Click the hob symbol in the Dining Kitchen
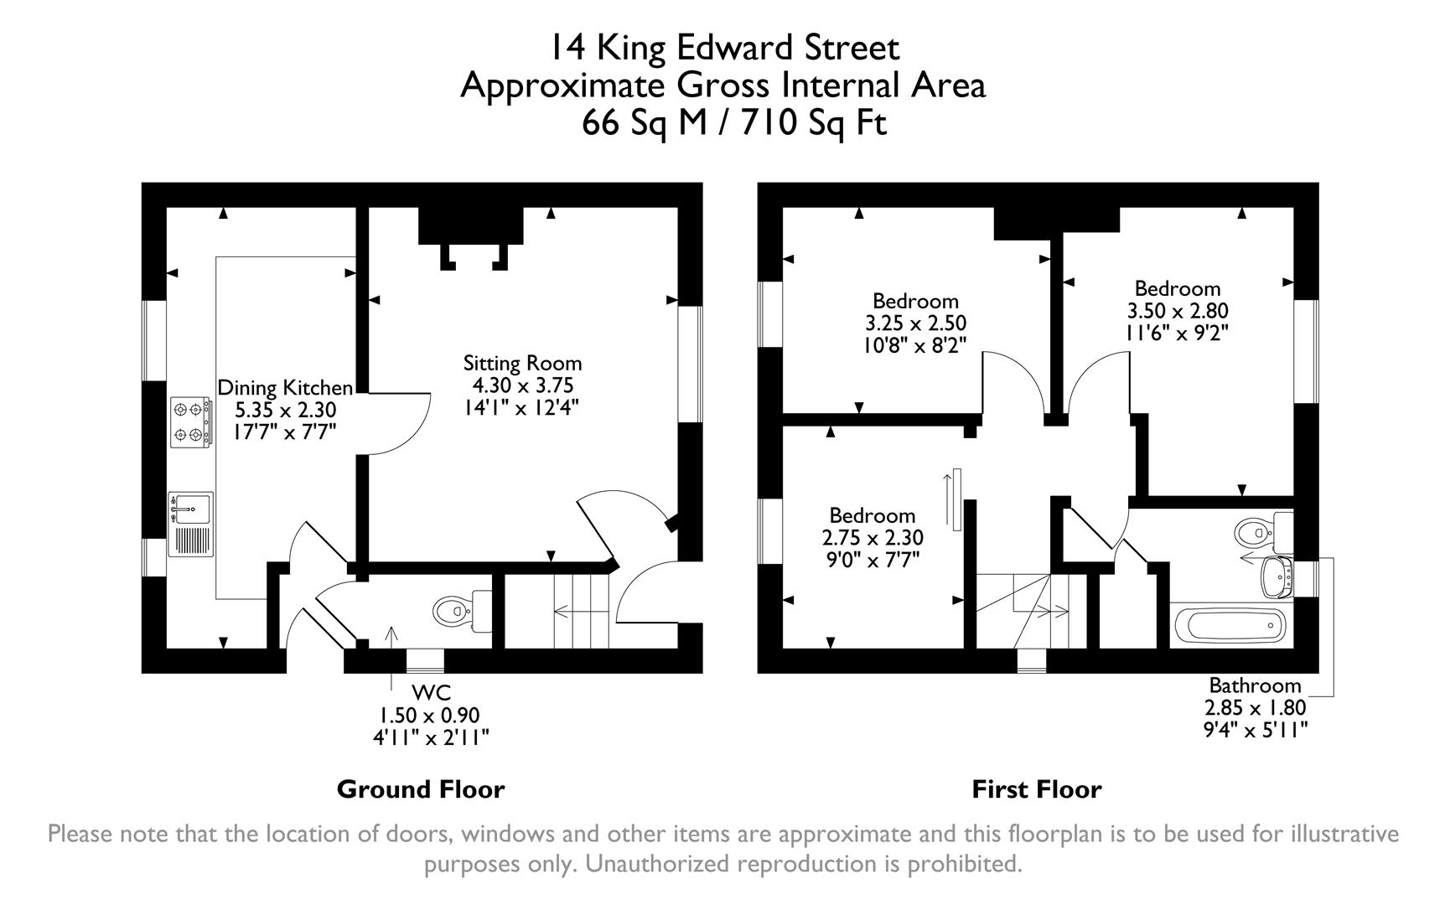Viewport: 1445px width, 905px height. (189, 422)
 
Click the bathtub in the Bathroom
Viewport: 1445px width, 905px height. (1230, 625)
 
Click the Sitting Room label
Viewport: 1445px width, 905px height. (522, 364)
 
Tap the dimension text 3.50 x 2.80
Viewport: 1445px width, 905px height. (1178, 311)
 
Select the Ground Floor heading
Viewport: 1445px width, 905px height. (421, 789)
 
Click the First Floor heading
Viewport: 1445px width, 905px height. (1037, 789)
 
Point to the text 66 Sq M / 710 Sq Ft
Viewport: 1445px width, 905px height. (734, 124)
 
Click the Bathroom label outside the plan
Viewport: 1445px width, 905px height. (1255, 685)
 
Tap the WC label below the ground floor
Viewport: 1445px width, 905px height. (432, 693)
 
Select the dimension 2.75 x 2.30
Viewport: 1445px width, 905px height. (873, 537)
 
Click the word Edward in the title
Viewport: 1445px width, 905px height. (736, 48)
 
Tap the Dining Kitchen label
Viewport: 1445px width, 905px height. (285, 388)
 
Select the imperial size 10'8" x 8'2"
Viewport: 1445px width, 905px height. (915, 344)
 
